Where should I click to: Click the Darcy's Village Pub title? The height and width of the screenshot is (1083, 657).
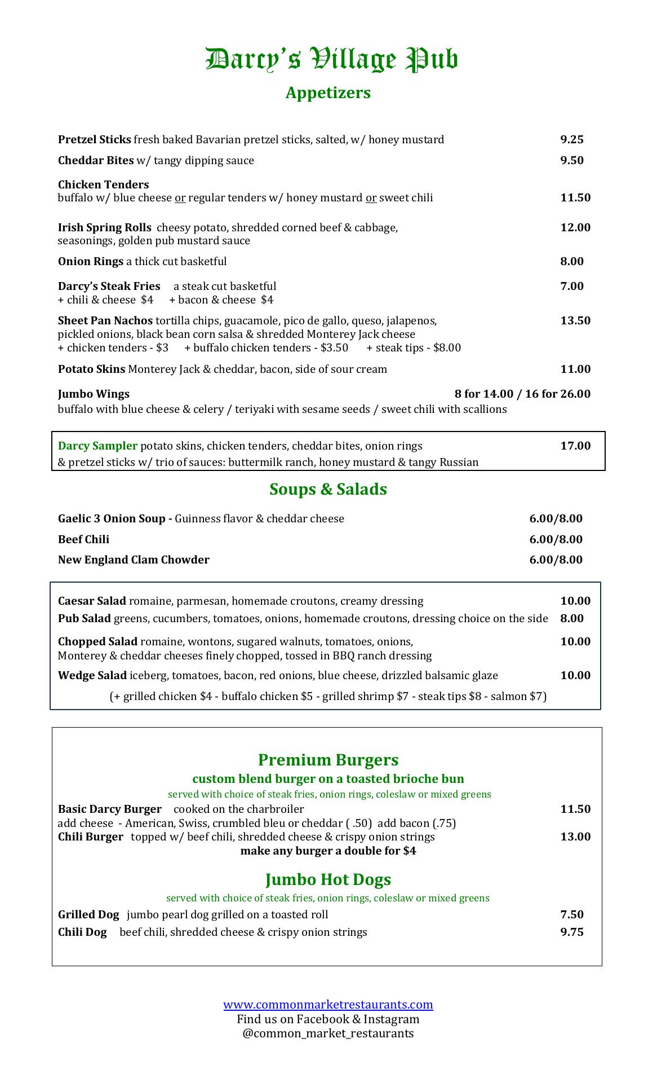[331, 60]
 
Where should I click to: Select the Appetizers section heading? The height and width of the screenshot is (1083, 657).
[328, 93]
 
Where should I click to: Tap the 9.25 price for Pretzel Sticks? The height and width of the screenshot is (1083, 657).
[571, 139]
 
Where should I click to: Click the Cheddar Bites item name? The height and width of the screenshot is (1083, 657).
[96, 160]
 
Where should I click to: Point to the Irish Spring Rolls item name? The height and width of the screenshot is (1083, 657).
[104, 227]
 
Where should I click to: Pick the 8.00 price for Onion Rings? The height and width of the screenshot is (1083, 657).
[571, 261]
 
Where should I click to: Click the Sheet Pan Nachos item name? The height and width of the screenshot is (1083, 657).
[105, 320]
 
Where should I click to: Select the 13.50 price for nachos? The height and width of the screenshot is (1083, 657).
[575, 320]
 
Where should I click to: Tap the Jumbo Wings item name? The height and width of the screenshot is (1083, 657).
[94, 394]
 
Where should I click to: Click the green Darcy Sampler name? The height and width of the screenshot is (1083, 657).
[97, 446]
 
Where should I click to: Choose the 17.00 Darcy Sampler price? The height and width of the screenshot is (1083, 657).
[575, 446]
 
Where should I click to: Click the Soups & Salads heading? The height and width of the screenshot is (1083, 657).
[328, 489]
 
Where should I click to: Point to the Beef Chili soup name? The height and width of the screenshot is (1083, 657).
[83, 539]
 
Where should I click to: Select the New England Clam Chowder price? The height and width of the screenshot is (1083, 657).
[556, 560]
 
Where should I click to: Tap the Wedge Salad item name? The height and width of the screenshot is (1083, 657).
[92, 675]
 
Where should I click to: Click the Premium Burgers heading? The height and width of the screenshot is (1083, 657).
[328, 760]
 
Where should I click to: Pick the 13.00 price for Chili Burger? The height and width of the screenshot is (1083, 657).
[575, 837]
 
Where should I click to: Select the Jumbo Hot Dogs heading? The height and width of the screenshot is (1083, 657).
[328, 879]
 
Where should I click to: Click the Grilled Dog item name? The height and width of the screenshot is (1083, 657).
[88, 914]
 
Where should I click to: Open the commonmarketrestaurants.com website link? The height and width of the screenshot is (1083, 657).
[328, 1004]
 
